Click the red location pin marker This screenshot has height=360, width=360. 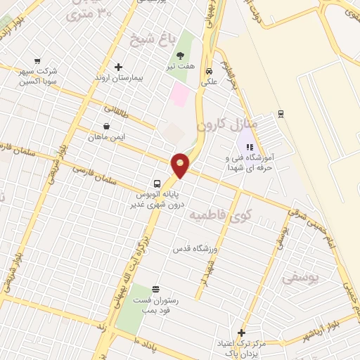click(181, 165)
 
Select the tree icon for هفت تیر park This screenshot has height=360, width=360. click(181, 56)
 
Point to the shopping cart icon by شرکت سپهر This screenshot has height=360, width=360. click(37, 61)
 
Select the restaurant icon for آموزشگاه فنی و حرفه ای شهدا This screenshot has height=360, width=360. click(249, 147)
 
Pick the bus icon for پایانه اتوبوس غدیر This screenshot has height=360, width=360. click(157, 181)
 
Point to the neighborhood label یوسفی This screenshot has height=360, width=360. click(300, 278)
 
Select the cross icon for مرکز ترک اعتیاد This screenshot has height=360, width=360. click(242, 333)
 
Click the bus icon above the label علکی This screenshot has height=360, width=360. click(209, 70)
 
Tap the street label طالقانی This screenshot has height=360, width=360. click(118, 110)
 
